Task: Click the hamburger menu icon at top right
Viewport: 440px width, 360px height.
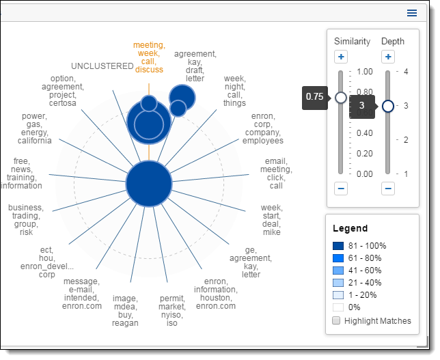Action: (x=411, y=13)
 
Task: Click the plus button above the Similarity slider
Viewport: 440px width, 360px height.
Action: (x=341, y=57)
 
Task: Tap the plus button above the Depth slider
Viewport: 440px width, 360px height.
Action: (x=388, y=57)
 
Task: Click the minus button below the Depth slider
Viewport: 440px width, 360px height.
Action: (x=388, y=188)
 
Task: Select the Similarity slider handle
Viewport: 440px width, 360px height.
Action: (x=341, y=98)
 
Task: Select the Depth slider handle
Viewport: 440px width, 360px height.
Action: (x=388, y=106)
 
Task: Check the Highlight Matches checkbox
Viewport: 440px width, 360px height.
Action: (x=336, y=320)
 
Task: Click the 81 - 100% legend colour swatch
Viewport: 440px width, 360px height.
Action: (x=338, y=246)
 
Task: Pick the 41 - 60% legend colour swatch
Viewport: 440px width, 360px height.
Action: (x=338, y=271)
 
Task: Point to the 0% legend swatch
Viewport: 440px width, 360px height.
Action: (x=338, y=307)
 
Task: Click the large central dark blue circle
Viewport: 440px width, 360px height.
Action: (x=148, y=184)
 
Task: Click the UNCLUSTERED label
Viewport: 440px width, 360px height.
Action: (x=102, y=66)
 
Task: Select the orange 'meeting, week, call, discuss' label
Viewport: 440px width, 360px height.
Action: (x=149, y=57)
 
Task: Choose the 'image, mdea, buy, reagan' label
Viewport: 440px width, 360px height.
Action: (x=126, y=311)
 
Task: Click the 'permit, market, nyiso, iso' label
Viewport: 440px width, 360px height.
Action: (x=173, y=311)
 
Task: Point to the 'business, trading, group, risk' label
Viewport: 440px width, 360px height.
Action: (x=26, y=220)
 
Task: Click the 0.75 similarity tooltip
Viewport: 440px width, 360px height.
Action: (x=314, y=97)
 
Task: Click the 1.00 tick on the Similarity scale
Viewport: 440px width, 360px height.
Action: (x=364, y=71)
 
